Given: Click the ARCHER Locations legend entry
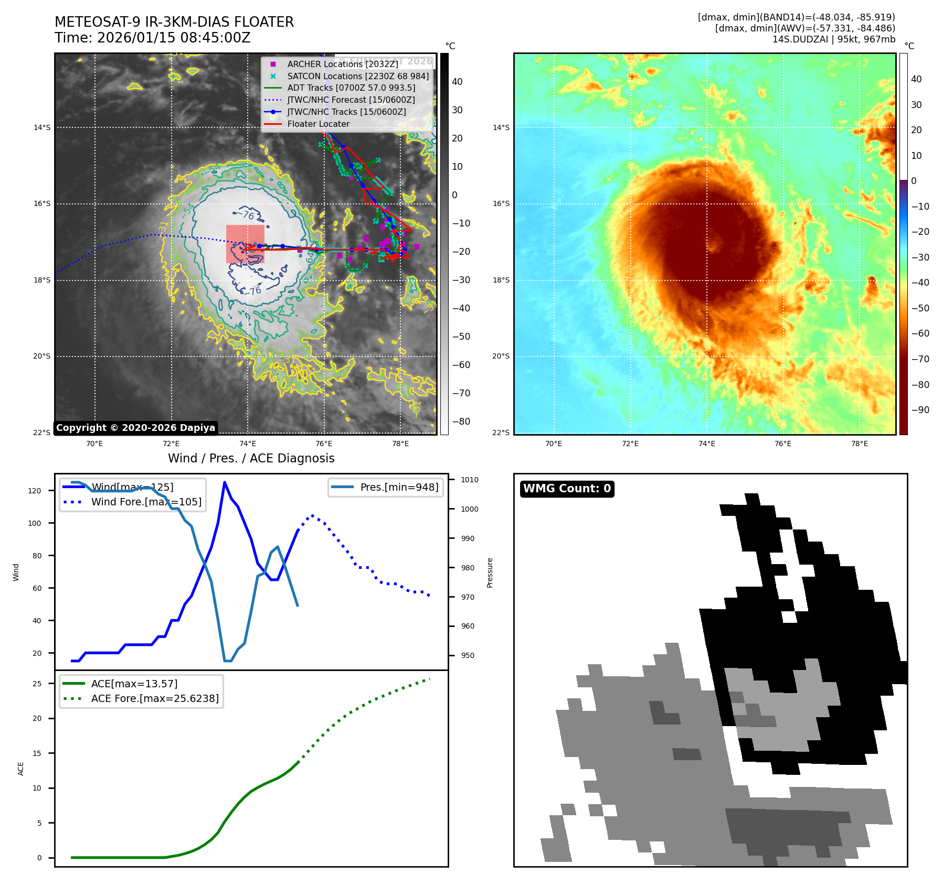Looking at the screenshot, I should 342,64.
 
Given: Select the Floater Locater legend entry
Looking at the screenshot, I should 318,124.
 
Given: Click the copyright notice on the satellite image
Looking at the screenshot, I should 135,428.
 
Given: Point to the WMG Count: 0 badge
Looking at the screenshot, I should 567,489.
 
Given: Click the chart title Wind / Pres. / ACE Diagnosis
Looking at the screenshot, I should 251,458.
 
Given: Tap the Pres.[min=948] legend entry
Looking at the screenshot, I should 399,487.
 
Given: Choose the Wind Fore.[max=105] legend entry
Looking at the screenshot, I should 146,502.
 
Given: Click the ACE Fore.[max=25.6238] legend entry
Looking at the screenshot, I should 155,698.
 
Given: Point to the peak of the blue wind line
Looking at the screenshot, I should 225,482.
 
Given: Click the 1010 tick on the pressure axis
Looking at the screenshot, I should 469,480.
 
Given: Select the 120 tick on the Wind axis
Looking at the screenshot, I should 35,491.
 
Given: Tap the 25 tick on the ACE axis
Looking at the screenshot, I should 37,684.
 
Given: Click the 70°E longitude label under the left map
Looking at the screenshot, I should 94,444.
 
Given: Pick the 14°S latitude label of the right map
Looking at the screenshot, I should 501,127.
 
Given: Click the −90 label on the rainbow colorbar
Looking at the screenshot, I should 920,410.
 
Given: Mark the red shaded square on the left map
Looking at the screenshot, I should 245,244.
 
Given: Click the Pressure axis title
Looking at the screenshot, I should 490,572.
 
